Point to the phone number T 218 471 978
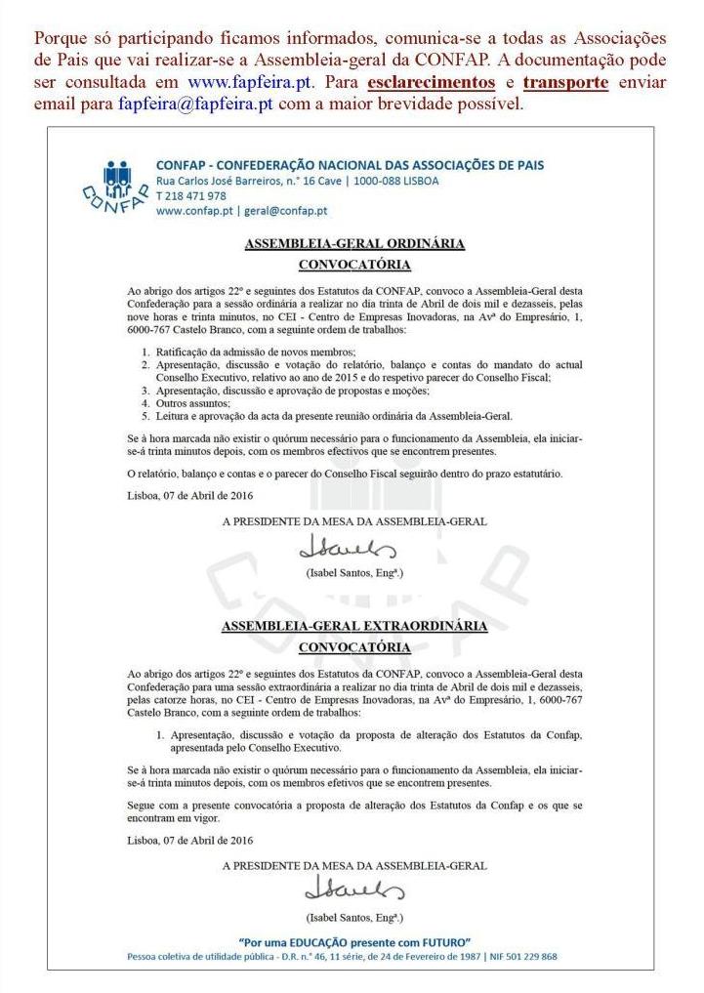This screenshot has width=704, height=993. click(x=191, y=195)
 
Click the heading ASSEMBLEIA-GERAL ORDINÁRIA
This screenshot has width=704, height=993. click(x=353, y=243)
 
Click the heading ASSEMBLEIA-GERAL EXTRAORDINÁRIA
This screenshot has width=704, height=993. click(x=353, y=625)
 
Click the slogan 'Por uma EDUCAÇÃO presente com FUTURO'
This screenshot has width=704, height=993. click(x=353, y=941)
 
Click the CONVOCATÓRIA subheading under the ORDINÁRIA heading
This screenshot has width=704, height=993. click(x=353, y=265)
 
